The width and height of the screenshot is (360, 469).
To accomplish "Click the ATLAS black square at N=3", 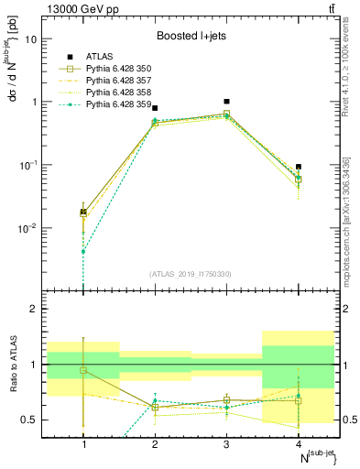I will click(226, 102).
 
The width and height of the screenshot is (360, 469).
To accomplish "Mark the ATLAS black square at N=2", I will click(155, 108).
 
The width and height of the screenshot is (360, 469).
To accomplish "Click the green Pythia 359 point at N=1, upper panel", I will click(83, 251).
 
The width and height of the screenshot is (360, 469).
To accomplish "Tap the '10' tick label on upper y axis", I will click(31, 39).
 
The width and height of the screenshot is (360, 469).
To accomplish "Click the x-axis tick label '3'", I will click(226, 444).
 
